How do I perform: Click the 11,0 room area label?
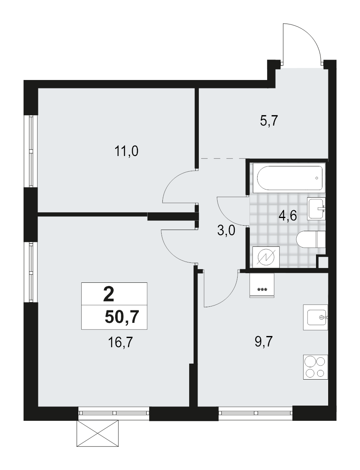126,151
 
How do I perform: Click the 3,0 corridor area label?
226,232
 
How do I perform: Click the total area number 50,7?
122,317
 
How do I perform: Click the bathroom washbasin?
316,208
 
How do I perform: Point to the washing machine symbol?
266,257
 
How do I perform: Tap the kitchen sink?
315,318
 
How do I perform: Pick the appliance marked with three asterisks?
262,285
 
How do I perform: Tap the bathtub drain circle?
317,178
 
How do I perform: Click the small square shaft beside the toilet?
322,262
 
